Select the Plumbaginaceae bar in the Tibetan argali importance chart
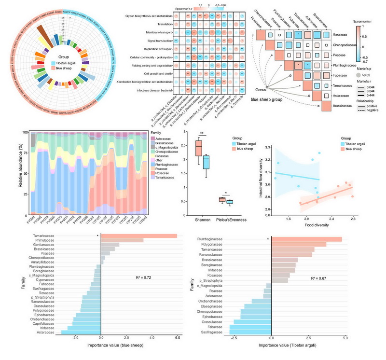click(x=306, y=239)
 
